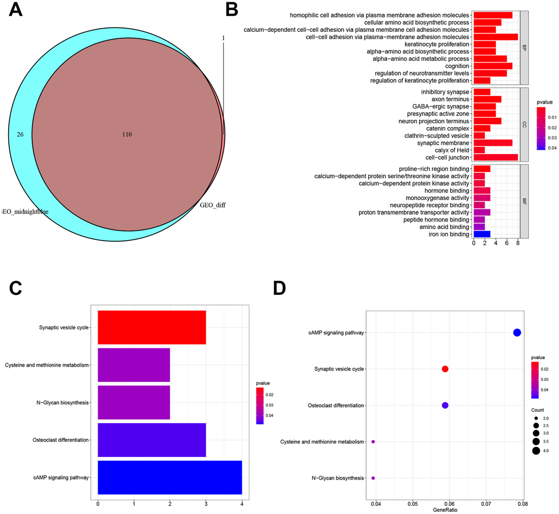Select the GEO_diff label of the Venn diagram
coord(213,205)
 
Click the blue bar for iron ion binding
coord(482,234)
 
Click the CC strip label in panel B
coord(524,124)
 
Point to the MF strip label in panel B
coord(524,201)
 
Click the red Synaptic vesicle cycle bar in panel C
coord(152,328)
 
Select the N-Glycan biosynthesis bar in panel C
coord(134,403)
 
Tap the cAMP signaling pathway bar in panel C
coord(170,478)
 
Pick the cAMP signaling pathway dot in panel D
coord(517,333)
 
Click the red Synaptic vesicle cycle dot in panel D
coord(445,369)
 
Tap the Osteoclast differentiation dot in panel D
coord(445,406)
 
